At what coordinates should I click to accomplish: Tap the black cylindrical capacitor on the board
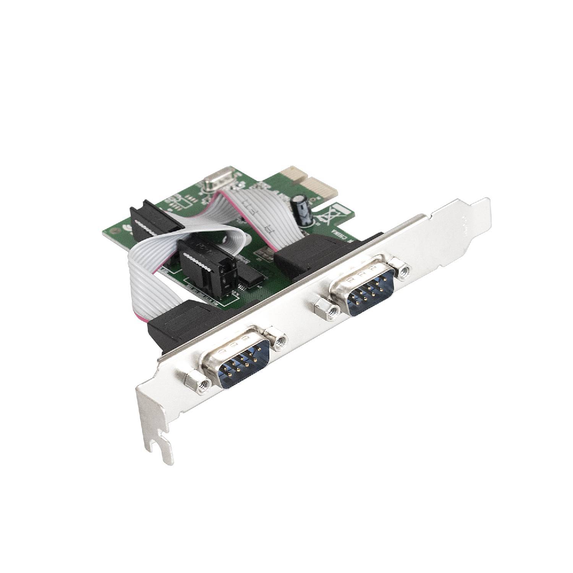[x=301, y=209]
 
